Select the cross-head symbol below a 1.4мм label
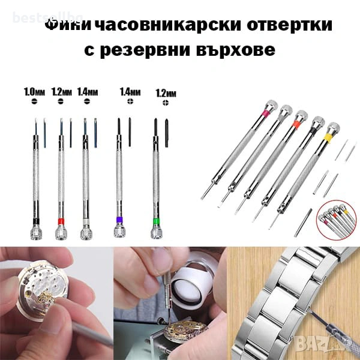[130, 103]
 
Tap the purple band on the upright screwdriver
[120, 221]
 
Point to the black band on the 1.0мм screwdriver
[35, 221]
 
